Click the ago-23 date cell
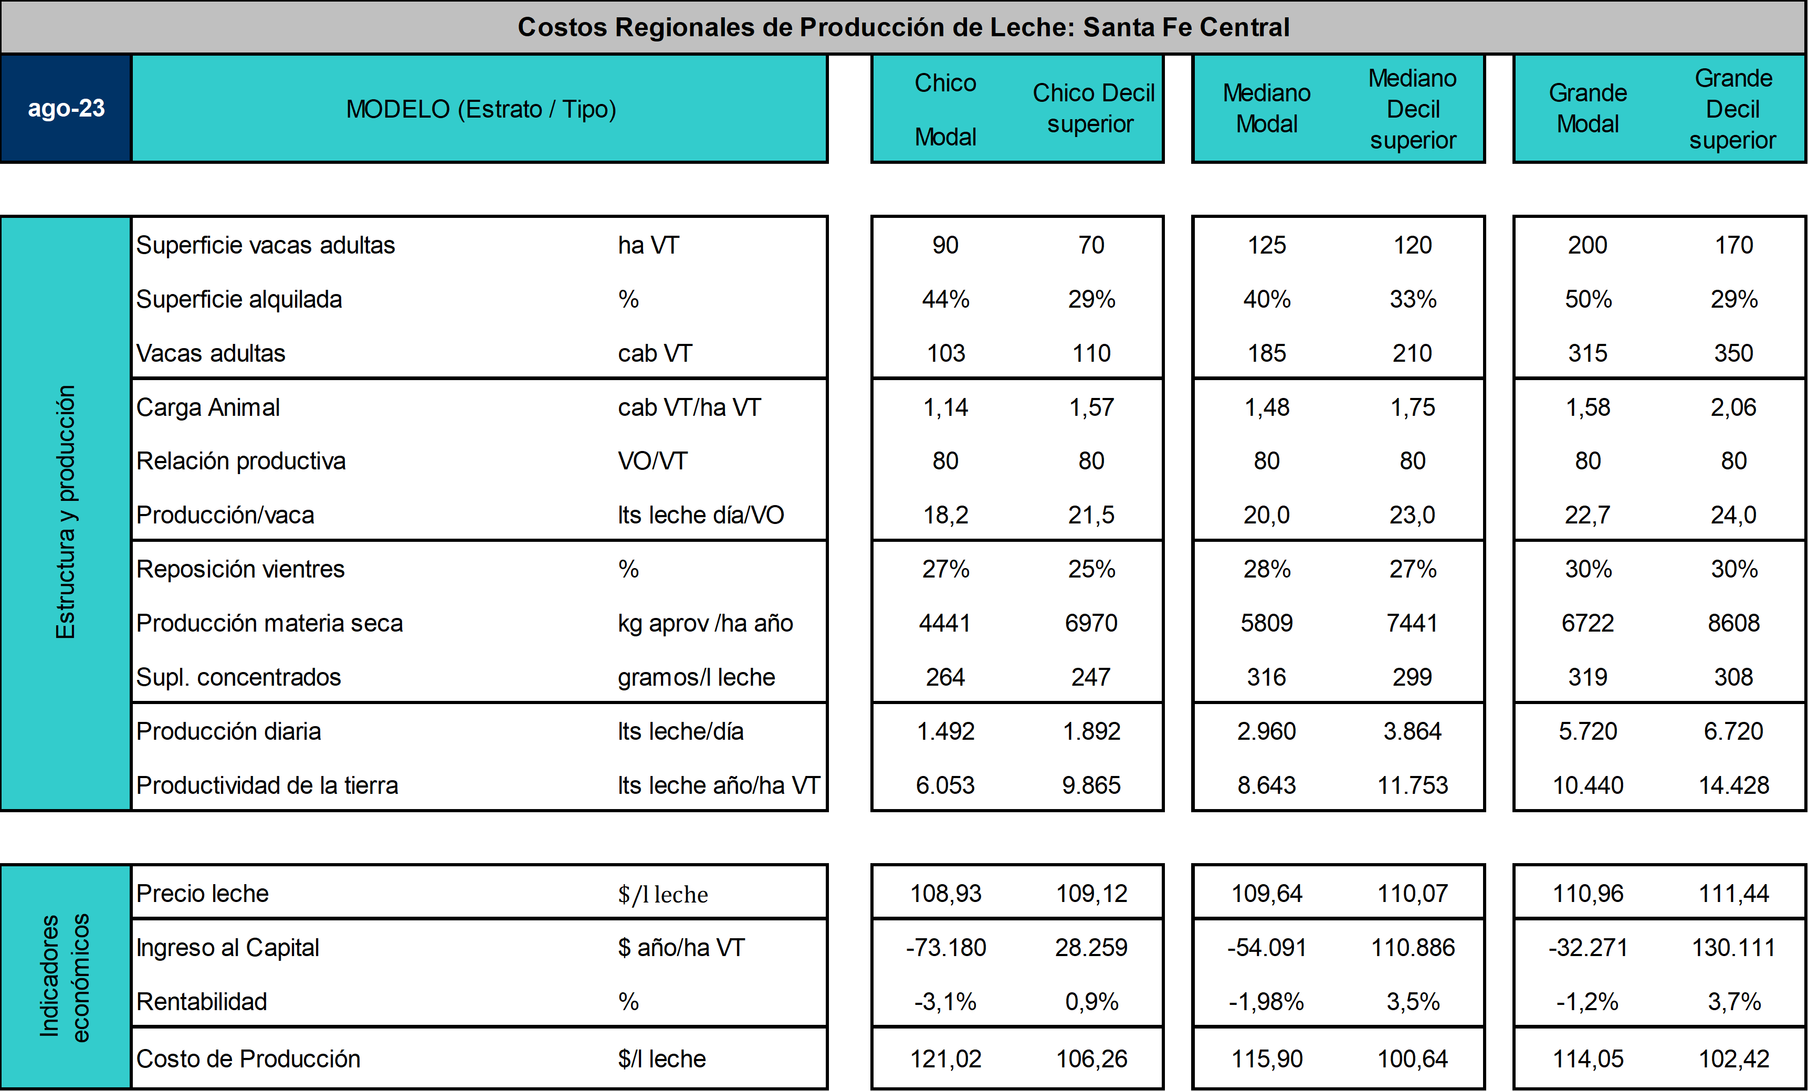[66, 109]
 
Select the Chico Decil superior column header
[1092, 109]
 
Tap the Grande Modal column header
[1588, 109]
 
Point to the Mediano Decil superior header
[1413, 109]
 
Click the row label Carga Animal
[208, 407]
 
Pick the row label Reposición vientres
[240, 569]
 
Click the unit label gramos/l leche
[696, 677]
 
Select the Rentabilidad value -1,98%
[1266, 1002]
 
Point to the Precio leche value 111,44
[1734, 894]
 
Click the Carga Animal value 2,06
[1734, 407]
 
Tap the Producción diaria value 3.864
[1413, 731]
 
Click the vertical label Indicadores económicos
[65, 977]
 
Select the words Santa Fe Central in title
[1186, 27]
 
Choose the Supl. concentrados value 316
[1266, 677]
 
